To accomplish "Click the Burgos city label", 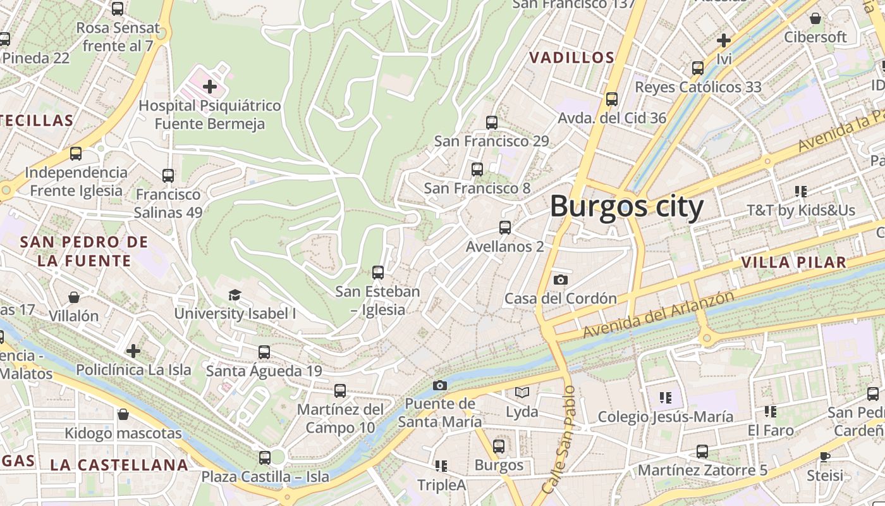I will pos(626,207).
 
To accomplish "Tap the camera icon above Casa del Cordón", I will pos(560,280).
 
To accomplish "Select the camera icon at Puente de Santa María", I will pos(440,385).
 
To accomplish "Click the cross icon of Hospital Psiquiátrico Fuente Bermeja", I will pos(210,86).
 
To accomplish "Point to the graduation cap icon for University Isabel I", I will pos(235,295).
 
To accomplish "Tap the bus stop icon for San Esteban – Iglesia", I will pos(378,273).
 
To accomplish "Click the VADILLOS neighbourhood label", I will pos(571,58).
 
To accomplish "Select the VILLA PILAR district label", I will pos(793,262).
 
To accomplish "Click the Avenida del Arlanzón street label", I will pos(659,314).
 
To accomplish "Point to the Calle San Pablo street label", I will pos(559,440).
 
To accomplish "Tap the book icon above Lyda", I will pos(522,393).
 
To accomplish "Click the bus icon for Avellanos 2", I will pos(504,228).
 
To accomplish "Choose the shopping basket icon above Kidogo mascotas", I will pos(123,414).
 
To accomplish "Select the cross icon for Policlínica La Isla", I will pos(133,350).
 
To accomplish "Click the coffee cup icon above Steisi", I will pos(825,457).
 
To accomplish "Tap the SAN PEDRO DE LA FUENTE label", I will pos(84,251).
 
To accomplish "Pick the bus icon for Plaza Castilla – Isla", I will pos(265,457).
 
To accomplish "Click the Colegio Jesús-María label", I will pos(665,417).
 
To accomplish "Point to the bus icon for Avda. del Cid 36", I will pos(611,99).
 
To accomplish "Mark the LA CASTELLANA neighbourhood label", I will pos(119,466).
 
